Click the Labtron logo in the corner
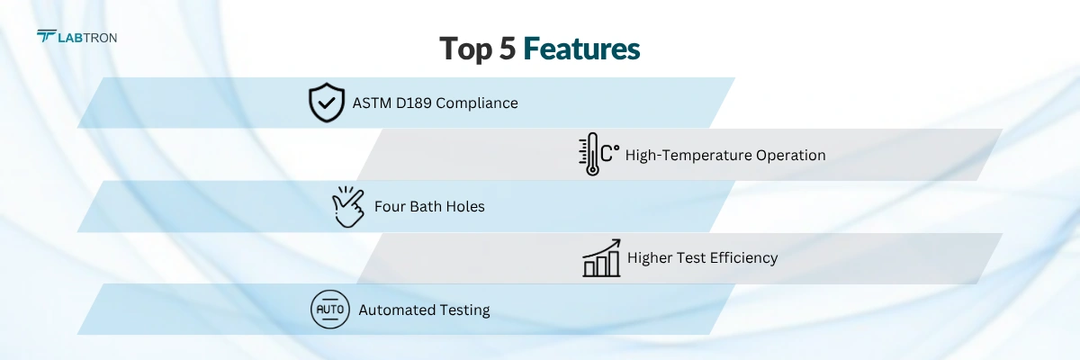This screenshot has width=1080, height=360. tap(76, 37)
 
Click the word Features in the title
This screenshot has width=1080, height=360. tap(581, 49)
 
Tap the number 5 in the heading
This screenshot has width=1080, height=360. tap(507, 49)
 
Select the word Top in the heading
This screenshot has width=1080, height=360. tap(466, 49)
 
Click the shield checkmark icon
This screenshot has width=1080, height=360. tap(326, 103)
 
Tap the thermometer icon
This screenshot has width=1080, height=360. tap(589, 154)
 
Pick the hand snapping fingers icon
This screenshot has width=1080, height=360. tap(348, 206)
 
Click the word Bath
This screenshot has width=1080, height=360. tap(428, 206)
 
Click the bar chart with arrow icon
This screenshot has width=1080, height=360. tap(601, 257)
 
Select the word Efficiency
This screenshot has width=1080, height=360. tap(743, 258)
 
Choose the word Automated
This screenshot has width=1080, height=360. tap(397, 310)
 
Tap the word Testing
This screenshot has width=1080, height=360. tap(464, 310)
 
